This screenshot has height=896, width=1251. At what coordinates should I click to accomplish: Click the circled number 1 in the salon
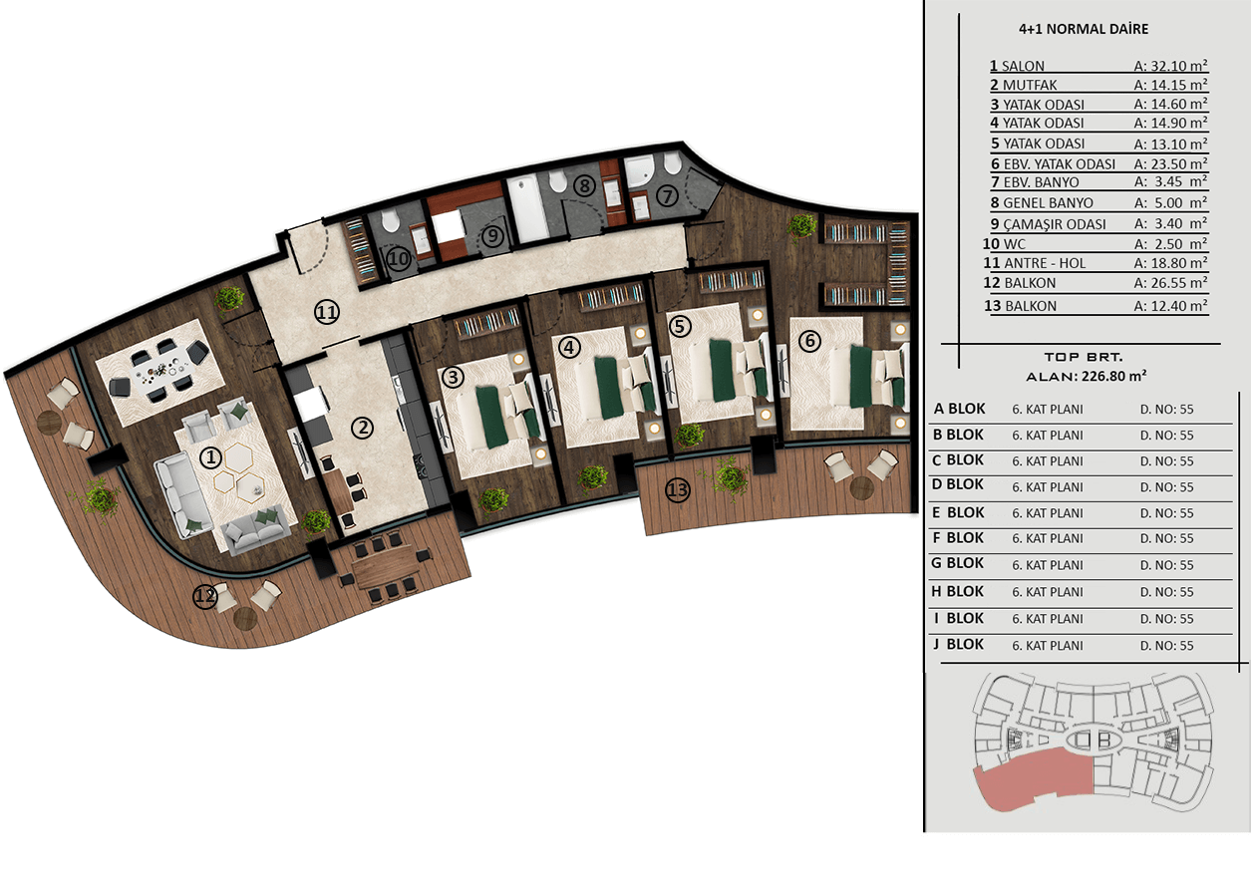pyautogui.click(x=210, y=458)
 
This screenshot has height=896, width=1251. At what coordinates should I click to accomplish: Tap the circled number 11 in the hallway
pyautogui.click(x=327, y=312)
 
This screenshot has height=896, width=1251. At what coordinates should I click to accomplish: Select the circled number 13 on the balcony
pyautogui.click(x=678, y=490)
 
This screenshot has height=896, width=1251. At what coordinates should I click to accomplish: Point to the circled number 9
pyautogui.click(x=492, y=235)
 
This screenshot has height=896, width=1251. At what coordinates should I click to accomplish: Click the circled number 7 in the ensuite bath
pyautogui.click(x=667, y=195)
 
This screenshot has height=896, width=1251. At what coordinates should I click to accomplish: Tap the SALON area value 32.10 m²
pyautogui.click(x=1170, y=66)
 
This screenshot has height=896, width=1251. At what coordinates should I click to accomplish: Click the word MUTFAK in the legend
pyautogui.click(x=1030, y=86)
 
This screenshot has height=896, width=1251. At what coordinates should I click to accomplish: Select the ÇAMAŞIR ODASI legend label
pyautogui.click(x=1055, y=224)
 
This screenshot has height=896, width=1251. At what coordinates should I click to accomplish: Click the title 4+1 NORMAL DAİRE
pyautogui.click(x=1084, y=29)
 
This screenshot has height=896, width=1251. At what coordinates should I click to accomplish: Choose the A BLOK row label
pyautogui.click(x=960, y=409)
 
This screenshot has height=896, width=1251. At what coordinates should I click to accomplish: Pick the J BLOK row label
pyautogui.click(x=958, y=644)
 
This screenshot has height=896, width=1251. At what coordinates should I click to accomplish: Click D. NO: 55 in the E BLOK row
pyautogui.click(x=1166, y=513)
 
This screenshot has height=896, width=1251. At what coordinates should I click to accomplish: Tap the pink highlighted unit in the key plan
pyautogui.click(x=1033, y=780)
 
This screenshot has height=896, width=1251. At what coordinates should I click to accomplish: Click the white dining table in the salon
pyautogui.click(x=159, y=370)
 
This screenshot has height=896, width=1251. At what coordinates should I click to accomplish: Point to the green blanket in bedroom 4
pyautogui.click(x=608, y=388)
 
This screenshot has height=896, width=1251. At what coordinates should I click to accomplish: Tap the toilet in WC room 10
pyautogui.click(x=390, y=221)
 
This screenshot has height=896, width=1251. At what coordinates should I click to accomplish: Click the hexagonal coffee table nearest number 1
pyautogui.click(x=239, y=457)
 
